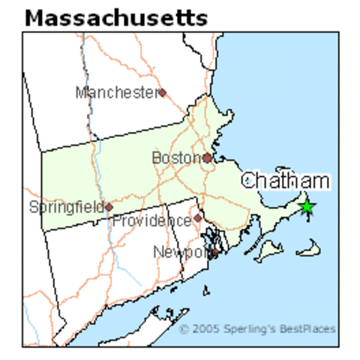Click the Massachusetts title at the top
[115, 17]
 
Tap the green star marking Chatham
[307, 206]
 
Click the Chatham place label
[285, 181]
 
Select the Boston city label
[176, 158]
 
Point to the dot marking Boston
[207, 158]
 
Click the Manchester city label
[115, 92]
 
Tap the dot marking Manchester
[162, 93]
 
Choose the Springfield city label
[66, 206]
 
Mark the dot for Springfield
[109, 207]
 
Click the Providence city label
[151, 221]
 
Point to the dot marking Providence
[197, 218]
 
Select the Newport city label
[180, 252]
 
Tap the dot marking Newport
[214, 253]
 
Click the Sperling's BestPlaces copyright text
[257, 328]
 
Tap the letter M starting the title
[35, 17]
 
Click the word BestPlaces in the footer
[310, 328]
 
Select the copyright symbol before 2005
[184, 328]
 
